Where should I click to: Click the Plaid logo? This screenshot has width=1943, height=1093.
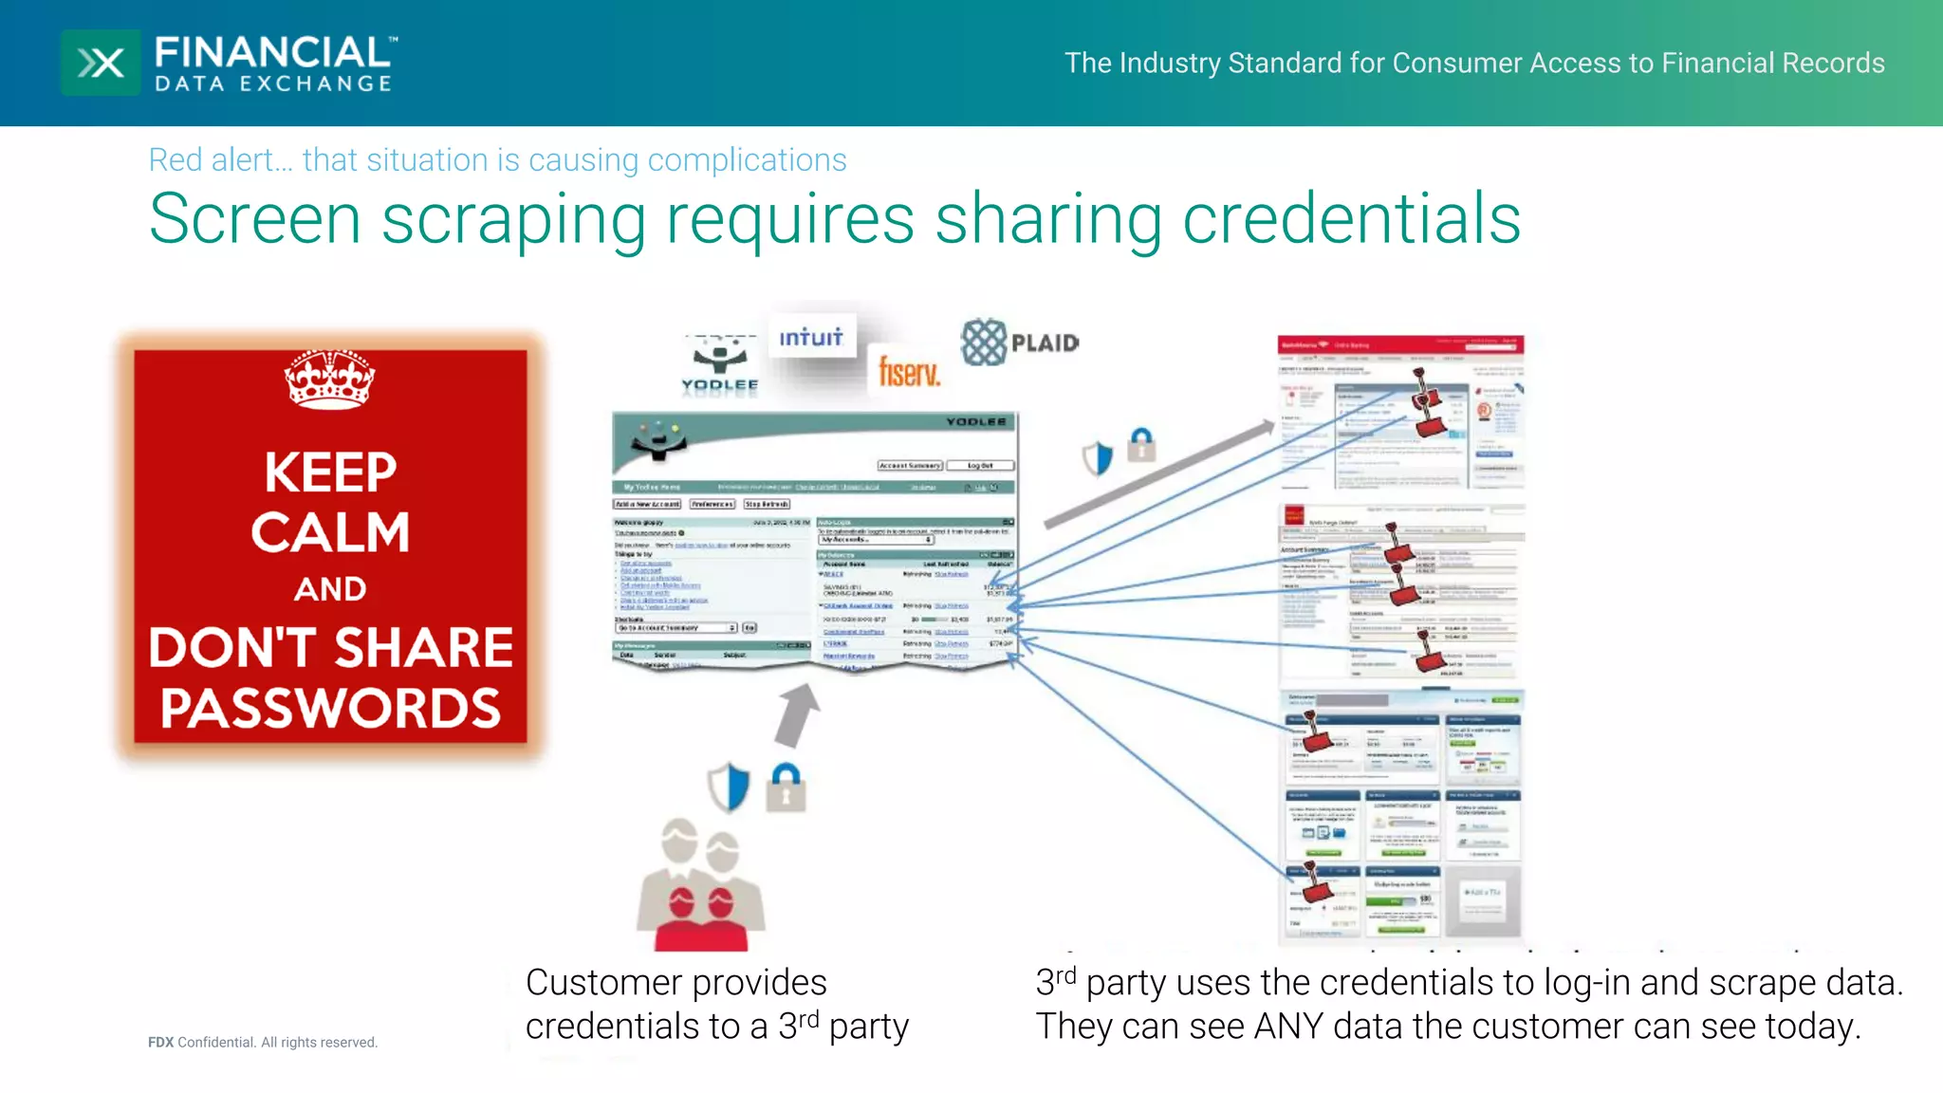1020,343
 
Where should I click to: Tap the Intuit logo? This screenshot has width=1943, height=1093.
811,337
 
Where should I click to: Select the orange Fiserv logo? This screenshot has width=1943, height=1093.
909,371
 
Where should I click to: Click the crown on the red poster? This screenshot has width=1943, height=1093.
329,379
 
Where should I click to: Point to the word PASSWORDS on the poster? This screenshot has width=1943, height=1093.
330,708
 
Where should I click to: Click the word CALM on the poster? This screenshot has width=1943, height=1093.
330,532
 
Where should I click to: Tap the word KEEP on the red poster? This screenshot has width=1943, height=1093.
330,472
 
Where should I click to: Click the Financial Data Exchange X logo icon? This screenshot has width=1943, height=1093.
101,63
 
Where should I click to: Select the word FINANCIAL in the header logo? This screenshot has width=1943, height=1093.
272,52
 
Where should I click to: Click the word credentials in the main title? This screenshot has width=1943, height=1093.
1351,219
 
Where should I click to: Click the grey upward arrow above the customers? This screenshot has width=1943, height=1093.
795,716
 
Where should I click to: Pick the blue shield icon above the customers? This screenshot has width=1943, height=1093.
729,787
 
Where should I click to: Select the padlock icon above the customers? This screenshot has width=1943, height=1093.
786,787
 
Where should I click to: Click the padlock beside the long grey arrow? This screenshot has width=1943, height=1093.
1141,445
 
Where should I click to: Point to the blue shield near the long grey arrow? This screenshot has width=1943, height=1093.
1098,458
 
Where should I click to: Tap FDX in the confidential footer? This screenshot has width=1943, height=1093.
160,1042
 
